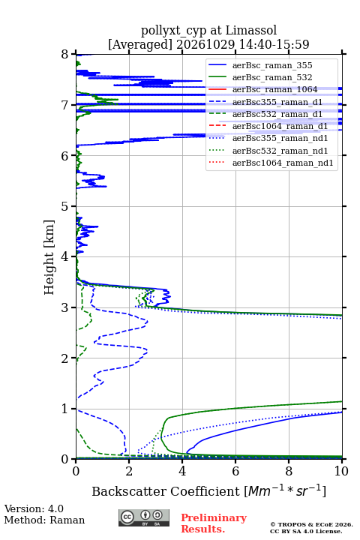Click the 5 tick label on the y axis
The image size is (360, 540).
[x=65, y=206]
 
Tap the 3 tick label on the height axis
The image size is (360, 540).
[x=65, y=307]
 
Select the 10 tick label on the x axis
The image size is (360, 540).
[x=342, y=471]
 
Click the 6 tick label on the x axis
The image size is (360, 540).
[x=235, y=471]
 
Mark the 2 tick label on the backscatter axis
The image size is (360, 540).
[x=129, y=471]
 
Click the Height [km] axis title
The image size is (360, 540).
[x=49, y=257]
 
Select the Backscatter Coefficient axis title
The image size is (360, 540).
[x=208, y=490]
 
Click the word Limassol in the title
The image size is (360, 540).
[x=251, y=31]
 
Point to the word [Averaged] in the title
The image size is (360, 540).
[x=140, y=44]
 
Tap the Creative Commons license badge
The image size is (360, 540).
[x=144, y=518]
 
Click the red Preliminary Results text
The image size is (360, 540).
[x=214, y=523]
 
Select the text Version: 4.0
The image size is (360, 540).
[x=34, y=508]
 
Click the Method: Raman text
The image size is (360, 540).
[x=44, y=520]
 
